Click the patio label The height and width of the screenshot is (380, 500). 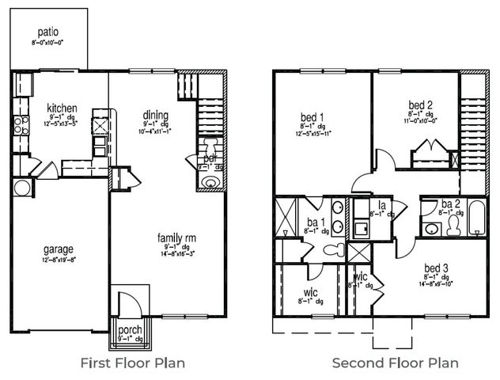(47, 33)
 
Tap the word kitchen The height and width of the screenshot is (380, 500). (60, 108)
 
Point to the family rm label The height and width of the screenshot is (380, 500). (177, 237)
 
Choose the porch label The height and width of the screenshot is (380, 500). (129, 330)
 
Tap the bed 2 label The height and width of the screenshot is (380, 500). (420, 104)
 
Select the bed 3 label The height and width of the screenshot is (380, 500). (437, 267)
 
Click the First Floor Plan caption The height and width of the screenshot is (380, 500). (134, 363)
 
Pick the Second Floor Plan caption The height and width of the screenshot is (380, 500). (395, 363)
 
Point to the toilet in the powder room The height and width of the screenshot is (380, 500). (210, 147)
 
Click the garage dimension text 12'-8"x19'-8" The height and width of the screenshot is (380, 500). (59, 259)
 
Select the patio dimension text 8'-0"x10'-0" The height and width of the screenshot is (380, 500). (47, 44)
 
